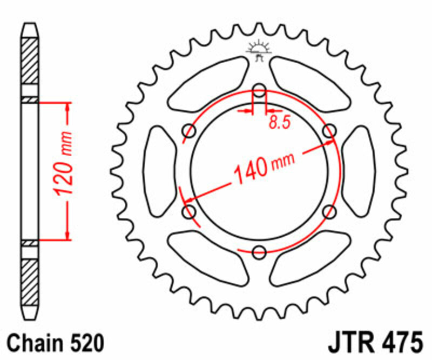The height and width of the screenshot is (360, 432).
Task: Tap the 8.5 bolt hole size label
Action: click(x=279, y=123)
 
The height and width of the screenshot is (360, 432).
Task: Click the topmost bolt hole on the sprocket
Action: click(x=259, y=90)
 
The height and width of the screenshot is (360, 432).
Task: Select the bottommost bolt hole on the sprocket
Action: click(x=259, y=251)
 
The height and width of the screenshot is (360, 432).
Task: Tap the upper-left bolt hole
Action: click(x=190, y=130)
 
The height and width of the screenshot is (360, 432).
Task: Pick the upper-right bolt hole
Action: click(x=329, y=130)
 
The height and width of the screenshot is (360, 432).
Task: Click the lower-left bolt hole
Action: click(x=190, y=211)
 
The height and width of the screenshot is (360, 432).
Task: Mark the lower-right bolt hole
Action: click(x=329, y=211)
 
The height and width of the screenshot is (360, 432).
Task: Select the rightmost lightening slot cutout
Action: click(x=359, y=170)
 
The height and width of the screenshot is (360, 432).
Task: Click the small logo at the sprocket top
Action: click(x=259, y=50)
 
